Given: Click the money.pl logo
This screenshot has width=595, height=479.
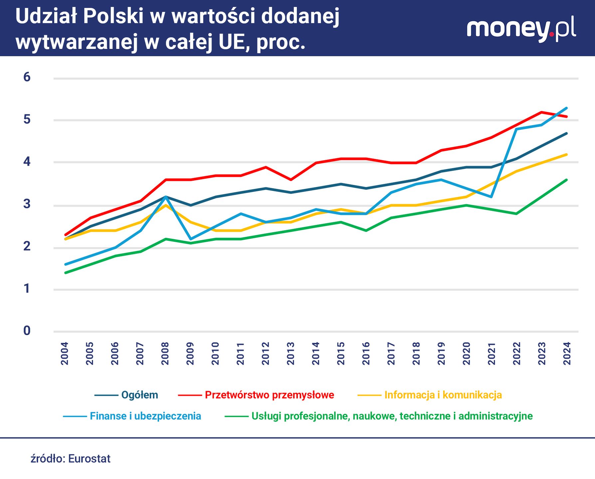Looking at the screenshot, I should click(x=521, y=29).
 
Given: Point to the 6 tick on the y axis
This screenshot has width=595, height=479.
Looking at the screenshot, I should click(x=27, y=77).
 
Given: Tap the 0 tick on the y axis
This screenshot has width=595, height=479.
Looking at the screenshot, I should click(x=27, y=331).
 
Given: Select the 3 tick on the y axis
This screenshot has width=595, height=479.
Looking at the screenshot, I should click(x=27, y=204).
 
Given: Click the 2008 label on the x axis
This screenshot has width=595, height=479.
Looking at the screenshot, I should click(x=165, y=354).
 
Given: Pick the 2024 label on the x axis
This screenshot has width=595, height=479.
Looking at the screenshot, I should click(x=567, y=354).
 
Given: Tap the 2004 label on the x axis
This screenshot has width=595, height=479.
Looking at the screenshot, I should click(x=65, y=354).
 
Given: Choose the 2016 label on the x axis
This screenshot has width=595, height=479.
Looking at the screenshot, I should click(x=366, y=354).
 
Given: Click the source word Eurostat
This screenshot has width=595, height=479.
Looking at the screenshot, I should click(x=89, y=459).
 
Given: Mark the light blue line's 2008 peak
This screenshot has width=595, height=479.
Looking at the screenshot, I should click(x=165, y=197).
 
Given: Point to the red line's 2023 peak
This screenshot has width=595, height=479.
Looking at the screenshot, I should click(x=542, y=112).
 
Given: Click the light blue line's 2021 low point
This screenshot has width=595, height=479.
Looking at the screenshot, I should click(x=492, y=197).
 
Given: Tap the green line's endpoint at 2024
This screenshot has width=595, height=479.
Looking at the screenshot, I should click(x=567, y=180).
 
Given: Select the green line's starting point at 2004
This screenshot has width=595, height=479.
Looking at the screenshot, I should click(x=66, y=273).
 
